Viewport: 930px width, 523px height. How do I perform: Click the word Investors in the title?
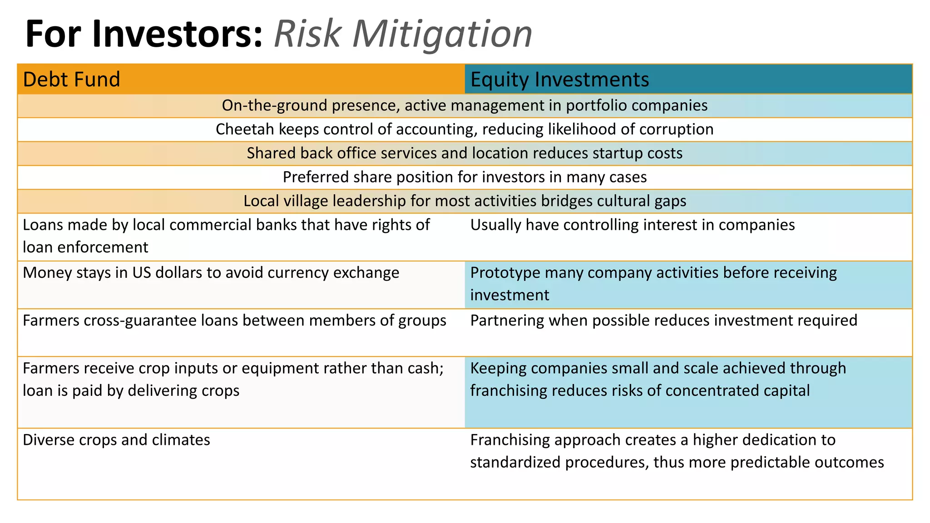point(177,34)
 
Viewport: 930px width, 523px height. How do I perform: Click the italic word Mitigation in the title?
point(442,34)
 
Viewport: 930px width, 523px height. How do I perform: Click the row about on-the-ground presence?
point(465,105)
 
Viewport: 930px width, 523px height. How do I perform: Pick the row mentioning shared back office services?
point(465,153)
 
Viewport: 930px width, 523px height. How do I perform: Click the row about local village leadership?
point(465,201)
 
